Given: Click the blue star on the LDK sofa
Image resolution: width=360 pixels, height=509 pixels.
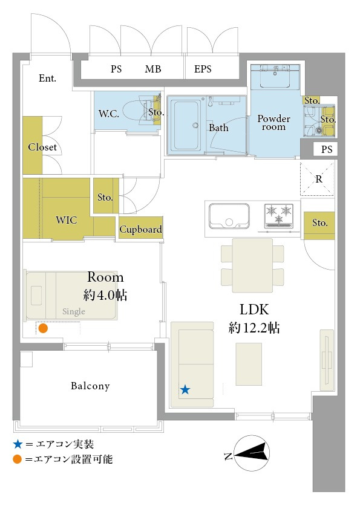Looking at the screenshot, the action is [x=185, y=389].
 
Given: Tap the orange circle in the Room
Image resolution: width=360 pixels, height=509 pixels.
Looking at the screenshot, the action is [x=43, y=328].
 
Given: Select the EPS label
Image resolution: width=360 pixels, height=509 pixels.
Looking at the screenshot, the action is [x=203, y=69].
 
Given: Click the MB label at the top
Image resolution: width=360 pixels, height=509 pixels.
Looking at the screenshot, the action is [x=153, y=69].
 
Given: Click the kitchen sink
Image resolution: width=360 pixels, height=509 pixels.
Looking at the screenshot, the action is [x=229, y=216].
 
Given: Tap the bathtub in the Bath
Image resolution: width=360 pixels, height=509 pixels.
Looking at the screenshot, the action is [x=186, y=125].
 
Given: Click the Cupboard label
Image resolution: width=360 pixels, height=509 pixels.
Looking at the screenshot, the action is [x=140, y=229].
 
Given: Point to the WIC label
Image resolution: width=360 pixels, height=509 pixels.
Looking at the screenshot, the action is [x=67, y=220].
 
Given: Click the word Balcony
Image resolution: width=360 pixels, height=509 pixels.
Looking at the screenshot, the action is [x=90, y=386].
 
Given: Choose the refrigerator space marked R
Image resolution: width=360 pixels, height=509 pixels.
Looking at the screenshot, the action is [x=317, y=180].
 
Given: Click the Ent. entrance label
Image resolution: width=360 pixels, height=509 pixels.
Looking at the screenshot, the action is [x=47, y=78].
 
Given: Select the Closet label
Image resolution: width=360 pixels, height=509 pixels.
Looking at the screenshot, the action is [x=42, y=147].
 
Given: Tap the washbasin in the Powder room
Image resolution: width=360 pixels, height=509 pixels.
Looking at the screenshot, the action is [x=275, y=76].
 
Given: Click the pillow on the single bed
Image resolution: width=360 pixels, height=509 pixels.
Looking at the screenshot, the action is [x=36, y=295].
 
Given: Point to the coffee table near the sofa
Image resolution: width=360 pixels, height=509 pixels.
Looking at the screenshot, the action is [x=249, y=364].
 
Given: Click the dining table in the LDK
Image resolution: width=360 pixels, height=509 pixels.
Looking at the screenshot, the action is [x=252, y=265].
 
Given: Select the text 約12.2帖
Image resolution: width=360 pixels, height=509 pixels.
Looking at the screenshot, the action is [x=254, y=328].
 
